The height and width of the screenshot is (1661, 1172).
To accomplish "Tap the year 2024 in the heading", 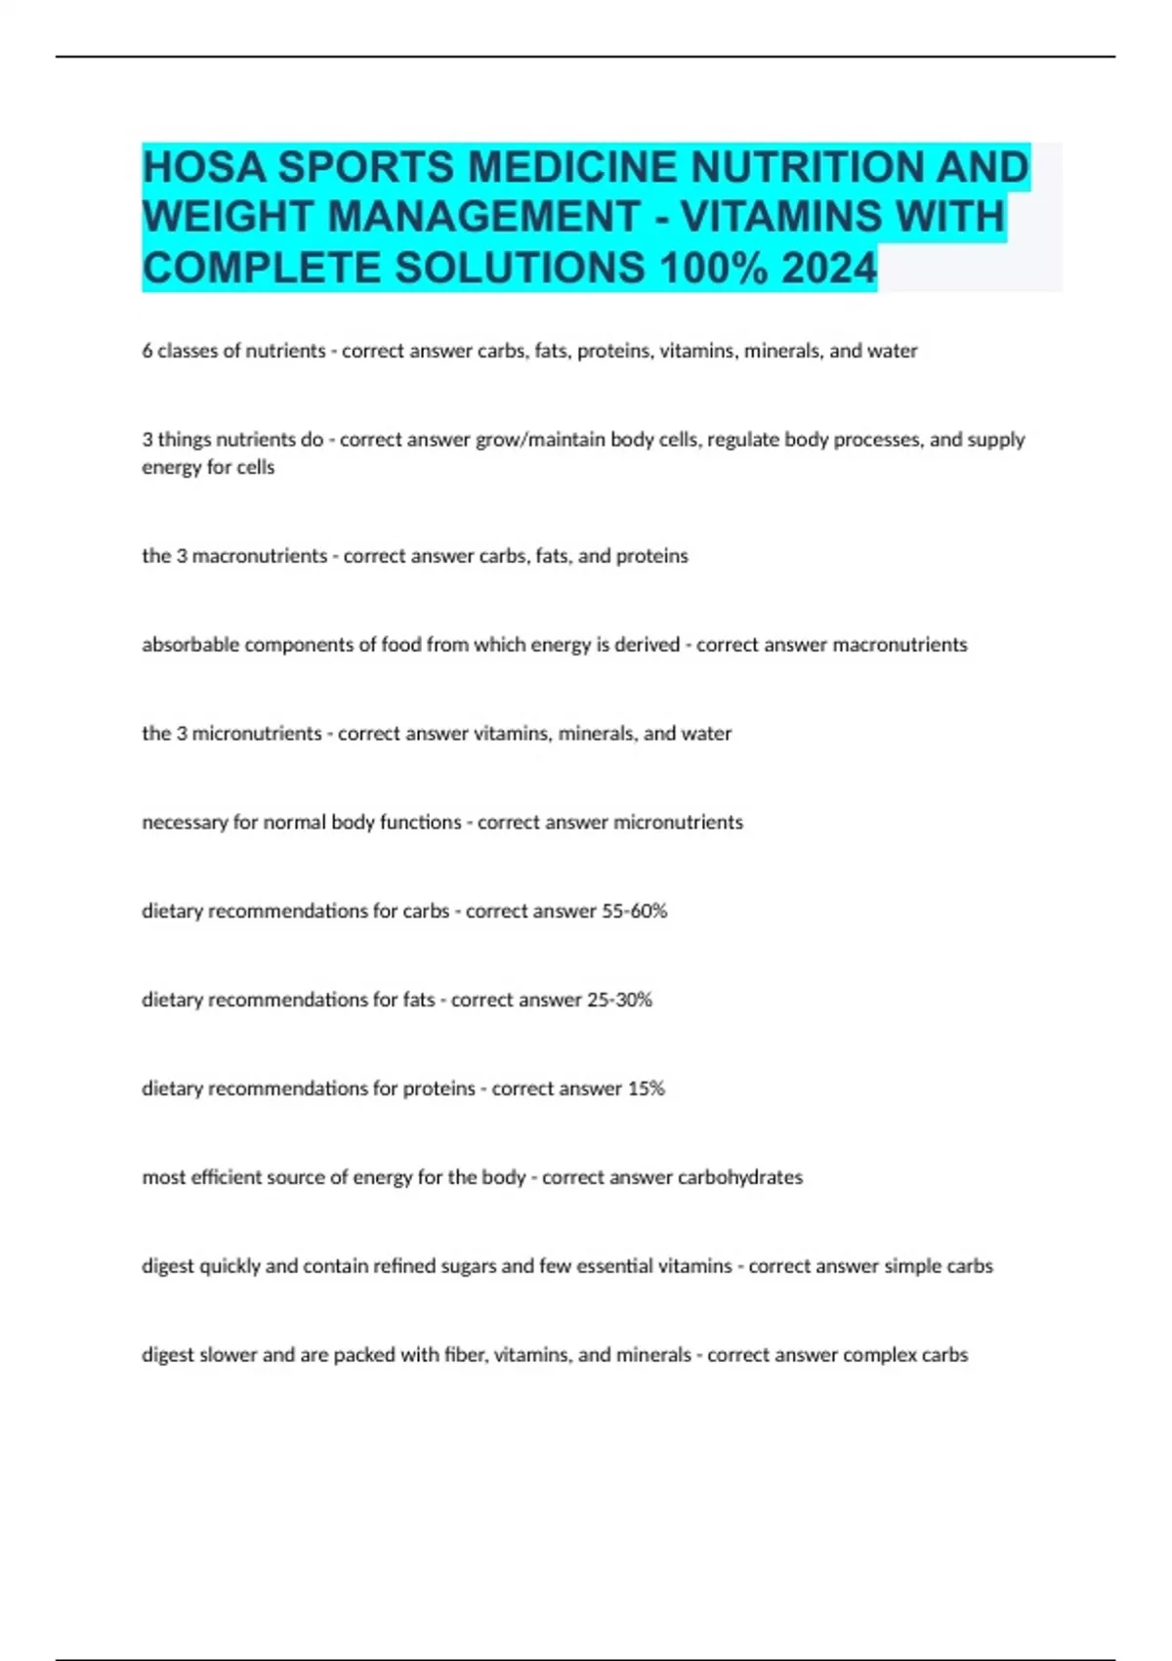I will click(x=829, y=268).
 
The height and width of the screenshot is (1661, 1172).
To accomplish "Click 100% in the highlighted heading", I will click(x=714, y=268).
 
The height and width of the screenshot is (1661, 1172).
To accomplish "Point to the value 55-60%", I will click(x=634, y=911).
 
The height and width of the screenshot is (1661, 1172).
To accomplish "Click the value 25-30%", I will click(x=619, y=1000).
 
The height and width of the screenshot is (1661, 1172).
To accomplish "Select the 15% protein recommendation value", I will click(x=646, y=1088).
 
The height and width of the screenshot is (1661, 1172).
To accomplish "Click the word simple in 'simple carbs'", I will click(x=912, y=1266).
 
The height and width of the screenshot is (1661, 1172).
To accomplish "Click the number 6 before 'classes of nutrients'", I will click(x=147, y=351).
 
